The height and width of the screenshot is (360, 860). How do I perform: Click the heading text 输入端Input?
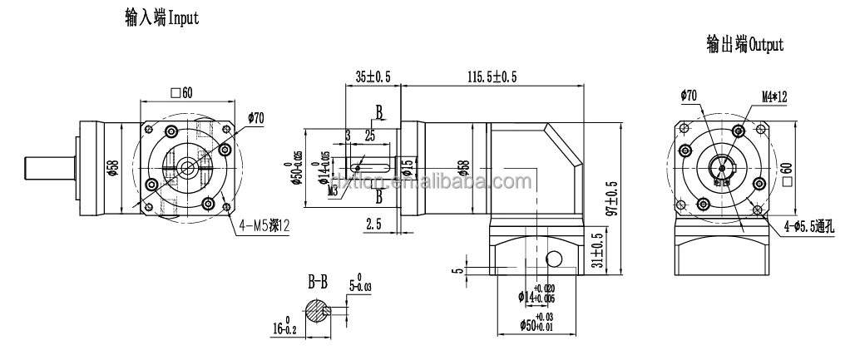[161, 17]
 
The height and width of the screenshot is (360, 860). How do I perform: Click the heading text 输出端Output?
[744, 46]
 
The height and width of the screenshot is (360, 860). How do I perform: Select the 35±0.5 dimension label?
[372, 76]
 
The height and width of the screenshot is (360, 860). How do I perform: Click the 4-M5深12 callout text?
[262, 224]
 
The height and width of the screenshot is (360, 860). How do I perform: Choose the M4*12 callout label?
[774, 96]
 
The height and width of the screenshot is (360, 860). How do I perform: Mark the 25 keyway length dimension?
[368, 135]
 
